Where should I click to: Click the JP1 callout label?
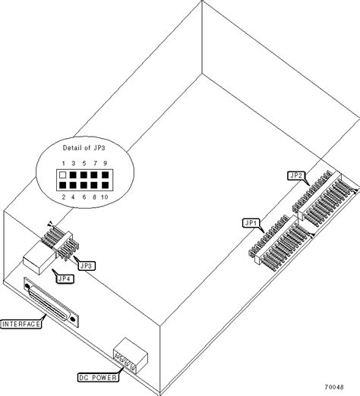tap(251, 223)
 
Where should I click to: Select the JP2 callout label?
tap(296, 175)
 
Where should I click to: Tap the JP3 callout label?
tap(87, 266)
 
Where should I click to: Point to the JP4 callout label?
tap(65, 278)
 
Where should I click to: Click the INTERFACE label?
tap(21, 324)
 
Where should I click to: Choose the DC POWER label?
tap(98, 378)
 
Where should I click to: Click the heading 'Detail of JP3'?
tap(84, 148)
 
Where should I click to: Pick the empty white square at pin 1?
tap(63, 175)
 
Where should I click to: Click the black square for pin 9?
tap(105, 175)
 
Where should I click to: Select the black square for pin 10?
tap(105, 185)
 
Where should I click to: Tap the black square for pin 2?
tap(63, 185)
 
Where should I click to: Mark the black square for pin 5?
tap(84, 175)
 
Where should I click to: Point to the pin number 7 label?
tap(95, 163)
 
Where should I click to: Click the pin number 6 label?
tap(84, 197)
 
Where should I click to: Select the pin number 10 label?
tap(104, 197)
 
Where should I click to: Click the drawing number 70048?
tap(334, 387)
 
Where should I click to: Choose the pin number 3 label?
tap(74, 163)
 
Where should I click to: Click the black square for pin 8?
tap(94, 185)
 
